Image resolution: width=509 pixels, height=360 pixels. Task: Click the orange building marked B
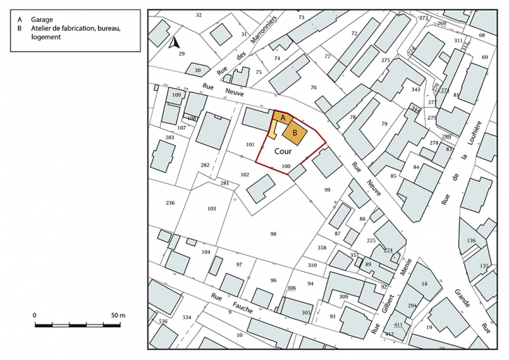(295, 132)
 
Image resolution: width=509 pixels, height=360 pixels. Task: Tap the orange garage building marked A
(282, 119)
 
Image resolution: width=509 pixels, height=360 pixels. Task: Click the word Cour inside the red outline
(282, 150)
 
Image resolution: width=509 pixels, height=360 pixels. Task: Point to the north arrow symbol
(173, 43)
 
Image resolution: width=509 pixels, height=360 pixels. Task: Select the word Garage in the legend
(41, 20)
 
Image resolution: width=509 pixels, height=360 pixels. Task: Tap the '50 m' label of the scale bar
(117, 316)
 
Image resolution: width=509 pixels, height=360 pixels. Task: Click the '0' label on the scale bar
(35, 316)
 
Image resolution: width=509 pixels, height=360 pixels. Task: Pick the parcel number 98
(273, 233)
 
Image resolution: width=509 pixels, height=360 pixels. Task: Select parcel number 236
(170, 203)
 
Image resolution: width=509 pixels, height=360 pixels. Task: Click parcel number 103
(212, 208)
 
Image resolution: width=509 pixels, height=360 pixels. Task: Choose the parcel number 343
(415, 89)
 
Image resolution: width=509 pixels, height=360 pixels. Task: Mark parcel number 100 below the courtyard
(285, 166)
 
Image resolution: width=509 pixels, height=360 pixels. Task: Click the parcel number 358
(322, 247)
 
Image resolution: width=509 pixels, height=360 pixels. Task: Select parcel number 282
(205, 165)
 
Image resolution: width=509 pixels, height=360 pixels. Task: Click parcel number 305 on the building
(306, 312)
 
